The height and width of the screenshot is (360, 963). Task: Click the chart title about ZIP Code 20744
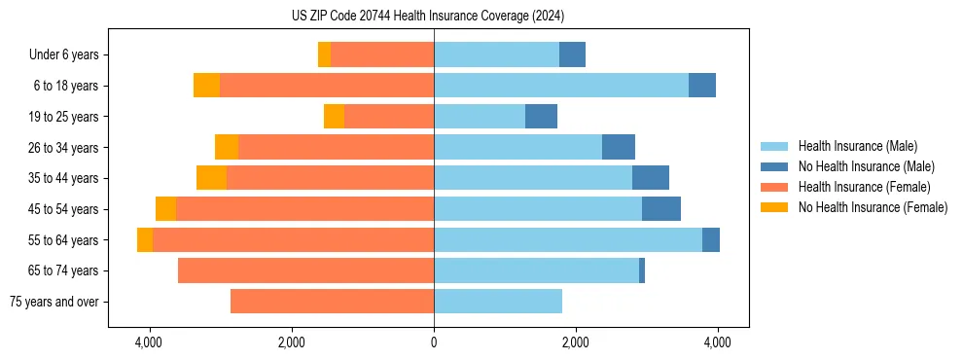[427, 17]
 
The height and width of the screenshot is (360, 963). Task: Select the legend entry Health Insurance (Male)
[857, 146]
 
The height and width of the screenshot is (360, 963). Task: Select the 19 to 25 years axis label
[59, 117]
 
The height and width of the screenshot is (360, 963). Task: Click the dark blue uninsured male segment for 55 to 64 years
[711, 240]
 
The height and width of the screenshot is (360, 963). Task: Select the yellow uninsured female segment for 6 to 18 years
[206, 86]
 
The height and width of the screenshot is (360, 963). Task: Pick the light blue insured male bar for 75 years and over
[498, 302]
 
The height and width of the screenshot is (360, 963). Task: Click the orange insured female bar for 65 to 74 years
[305, 270]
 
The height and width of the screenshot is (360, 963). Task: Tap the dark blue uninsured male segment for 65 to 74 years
[642, 270]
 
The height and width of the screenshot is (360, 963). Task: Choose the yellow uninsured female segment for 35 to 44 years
[211, 178]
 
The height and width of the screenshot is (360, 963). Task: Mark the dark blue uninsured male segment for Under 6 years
[572, 55]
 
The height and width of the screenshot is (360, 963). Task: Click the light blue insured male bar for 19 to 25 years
[480, 117]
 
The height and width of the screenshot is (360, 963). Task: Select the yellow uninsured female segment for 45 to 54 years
[165, 209]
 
